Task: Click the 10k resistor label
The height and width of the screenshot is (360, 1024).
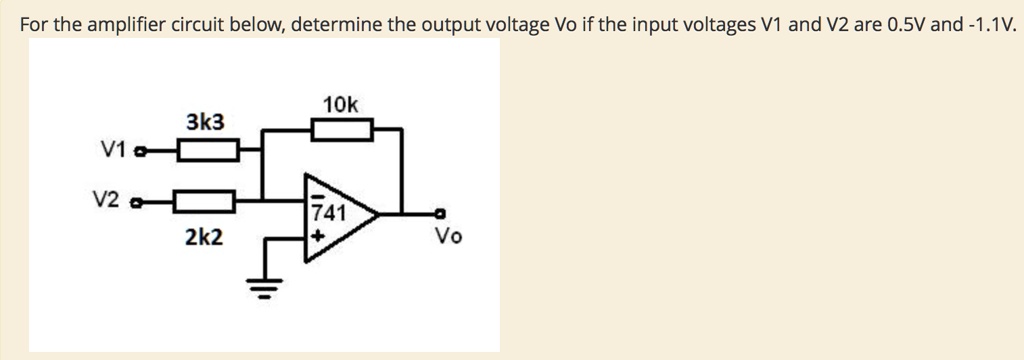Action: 341,104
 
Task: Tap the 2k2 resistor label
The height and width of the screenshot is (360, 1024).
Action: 204,237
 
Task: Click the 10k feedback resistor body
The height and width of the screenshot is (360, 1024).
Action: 342,129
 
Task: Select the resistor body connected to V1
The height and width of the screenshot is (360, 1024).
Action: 207,151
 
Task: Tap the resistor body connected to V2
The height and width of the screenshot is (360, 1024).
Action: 204,202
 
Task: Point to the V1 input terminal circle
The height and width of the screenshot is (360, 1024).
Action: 140,152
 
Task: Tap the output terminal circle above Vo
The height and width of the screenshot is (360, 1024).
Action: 439,212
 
